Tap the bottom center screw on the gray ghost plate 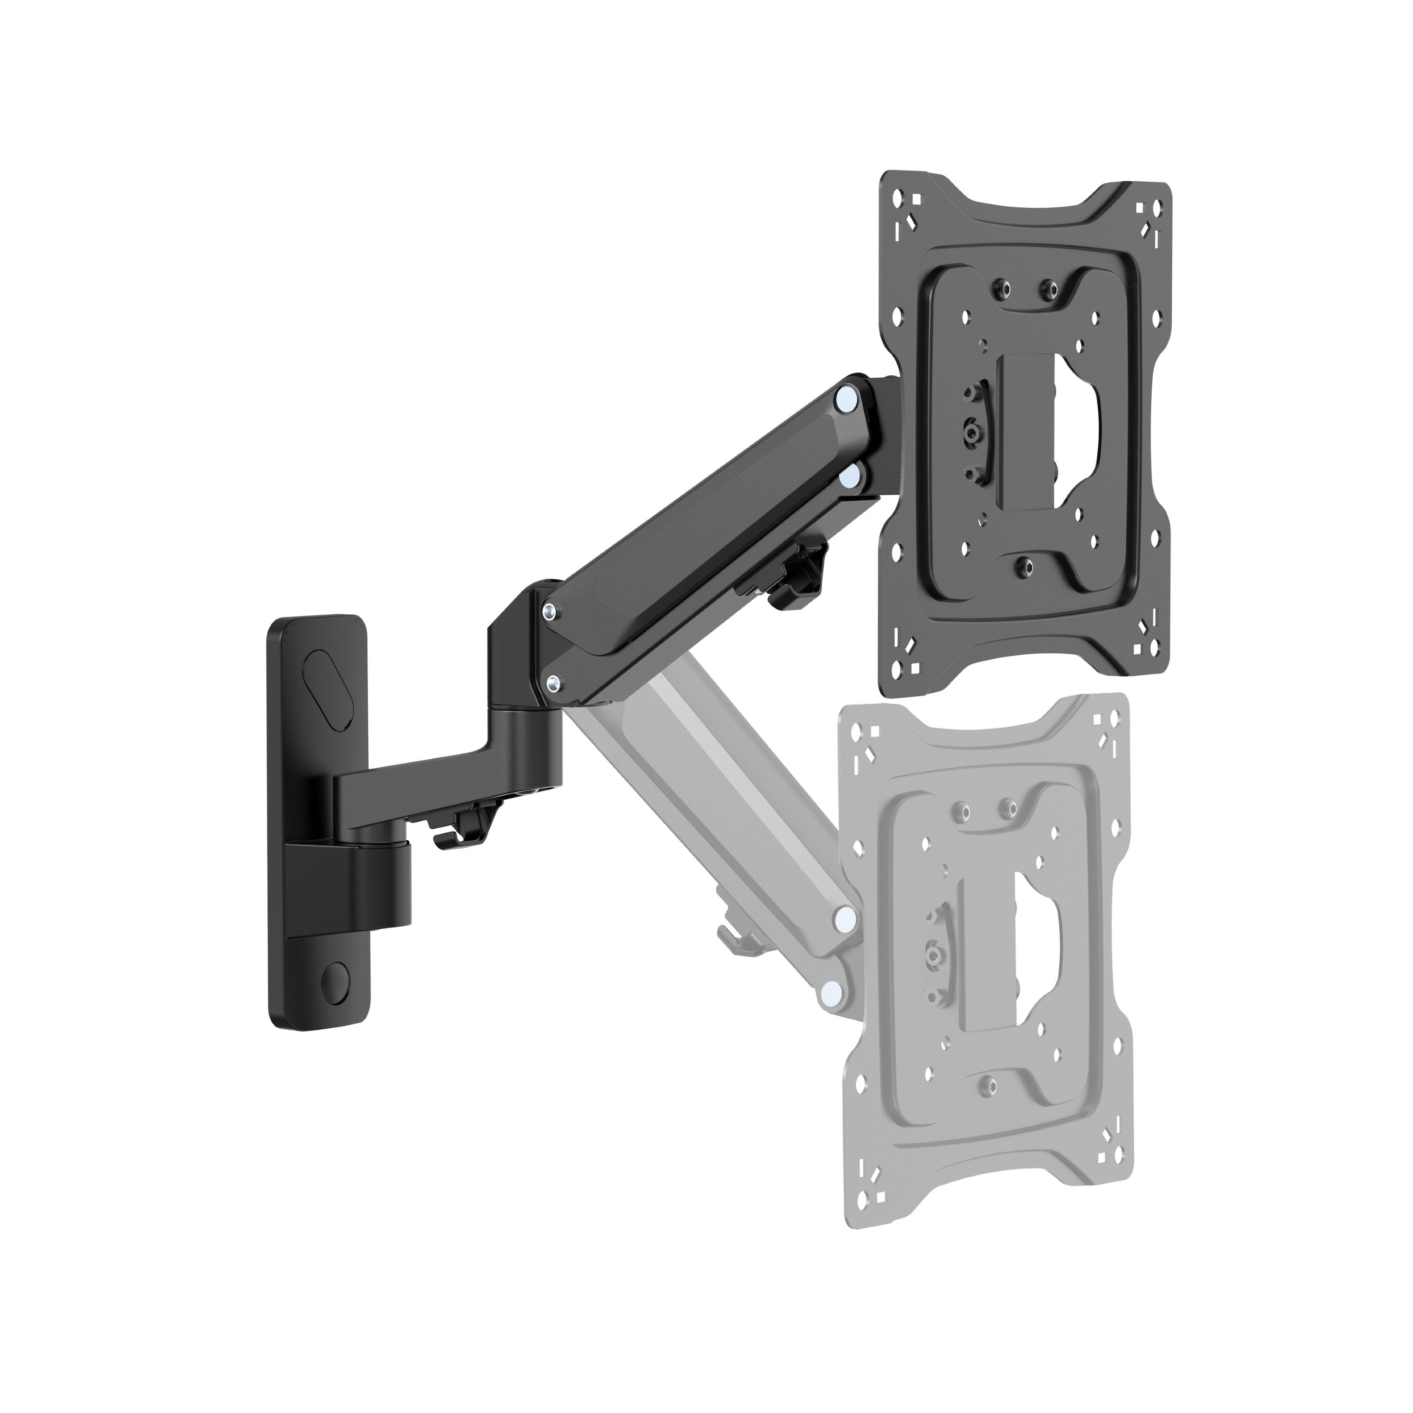988,1082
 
